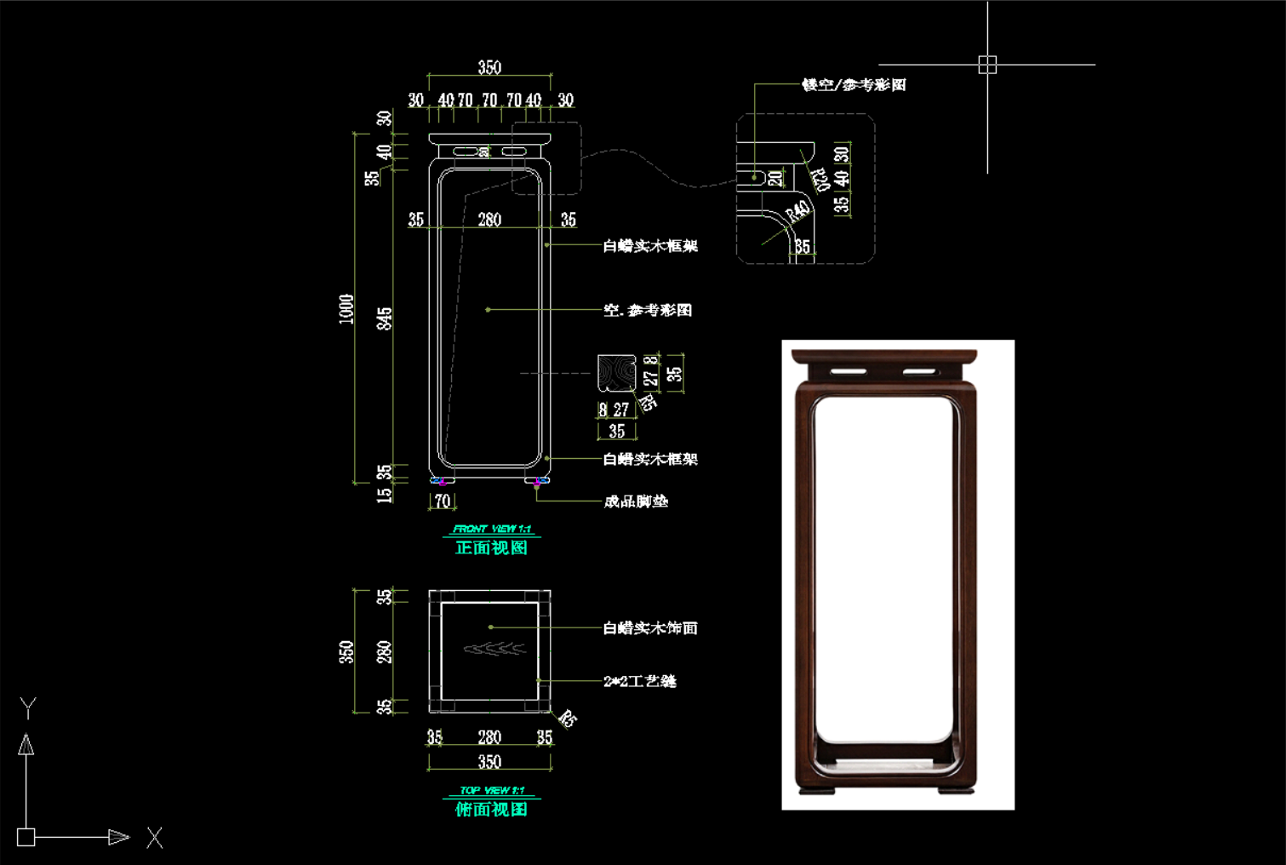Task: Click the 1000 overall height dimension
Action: pos(346,308)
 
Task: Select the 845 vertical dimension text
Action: pos(385,319)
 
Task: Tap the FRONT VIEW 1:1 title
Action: pos(492,529)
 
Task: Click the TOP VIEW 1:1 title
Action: pos(492,790)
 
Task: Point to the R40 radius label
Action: pos(797,211)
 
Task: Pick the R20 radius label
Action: pos(820,180)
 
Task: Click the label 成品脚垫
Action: pos(636,501)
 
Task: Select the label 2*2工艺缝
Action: pos(640,681)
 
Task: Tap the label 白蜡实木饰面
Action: pos(650,628)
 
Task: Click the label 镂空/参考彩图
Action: pos(854,84)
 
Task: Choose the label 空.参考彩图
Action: pos(648,310)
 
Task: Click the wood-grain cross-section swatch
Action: pos(616,373)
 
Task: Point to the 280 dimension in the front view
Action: pos(489,220)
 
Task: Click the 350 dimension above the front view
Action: pos(489,67)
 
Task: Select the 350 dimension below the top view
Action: pos(489,761)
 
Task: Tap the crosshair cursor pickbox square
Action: pos(987,65)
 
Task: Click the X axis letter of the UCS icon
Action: pos(154,838)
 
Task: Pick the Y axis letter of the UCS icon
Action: pos(28,707)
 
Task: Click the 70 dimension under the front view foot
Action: pos(443,501)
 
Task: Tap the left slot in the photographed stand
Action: pos(849,372)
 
